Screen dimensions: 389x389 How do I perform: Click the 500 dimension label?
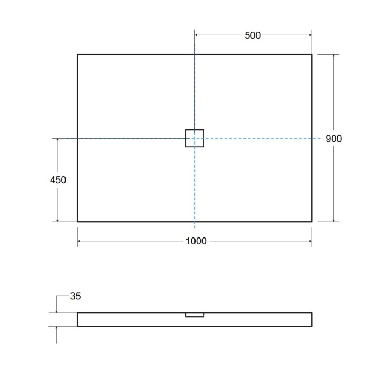pos(253,35)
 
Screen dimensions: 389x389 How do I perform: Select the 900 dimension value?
pos(334,139)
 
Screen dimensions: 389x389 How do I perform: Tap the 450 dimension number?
pos(57,180)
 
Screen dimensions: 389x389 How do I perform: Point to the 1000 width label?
pos(196,241)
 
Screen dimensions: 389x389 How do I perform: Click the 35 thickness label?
pos(75,296)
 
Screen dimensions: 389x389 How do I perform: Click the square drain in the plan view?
pos(195,138)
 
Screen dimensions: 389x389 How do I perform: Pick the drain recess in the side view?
pos(195,315)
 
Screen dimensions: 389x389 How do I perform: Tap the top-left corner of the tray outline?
pos(78,55)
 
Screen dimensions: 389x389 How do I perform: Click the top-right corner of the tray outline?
pos(312,55)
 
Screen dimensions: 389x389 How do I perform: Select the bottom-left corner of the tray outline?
pos(78,221)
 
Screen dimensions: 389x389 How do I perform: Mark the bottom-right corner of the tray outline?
pos(312,221)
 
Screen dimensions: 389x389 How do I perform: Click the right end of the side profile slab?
pos(311,319)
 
